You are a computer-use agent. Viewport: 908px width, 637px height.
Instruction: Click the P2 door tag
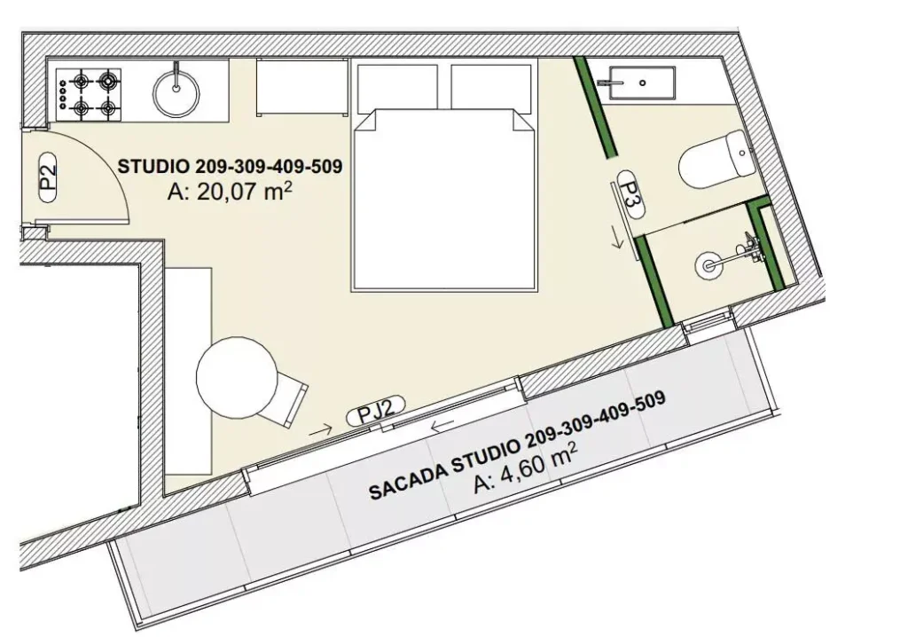pos(48,177)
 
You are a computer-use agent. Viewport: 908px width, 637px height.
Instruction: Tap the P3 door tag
pos(631,194)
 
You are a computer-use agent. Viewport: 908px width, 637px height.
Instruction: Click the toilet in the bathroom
pos(716,159)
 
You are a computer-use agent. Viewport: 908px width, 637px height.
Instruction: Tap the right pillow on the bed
pos(491,87)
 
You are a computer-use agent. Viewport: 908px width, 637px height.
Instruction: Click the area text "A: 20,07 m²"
pos(228,192)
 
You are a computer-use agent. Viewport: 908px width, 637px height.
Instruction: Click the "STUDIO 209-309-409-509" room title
pos(230,167)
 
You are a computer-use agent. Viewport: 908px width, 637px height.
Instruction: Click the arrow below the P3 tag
pos(618,239)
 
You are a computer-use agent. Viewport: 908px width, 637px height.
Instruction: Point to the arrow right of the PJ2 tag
pos(442,426)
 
